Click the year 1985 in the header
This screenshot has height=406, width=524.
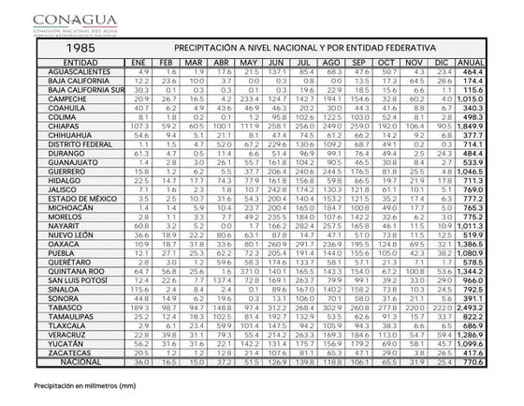(61, 47)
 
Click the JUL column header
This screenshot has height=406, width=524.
(305, 62)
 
